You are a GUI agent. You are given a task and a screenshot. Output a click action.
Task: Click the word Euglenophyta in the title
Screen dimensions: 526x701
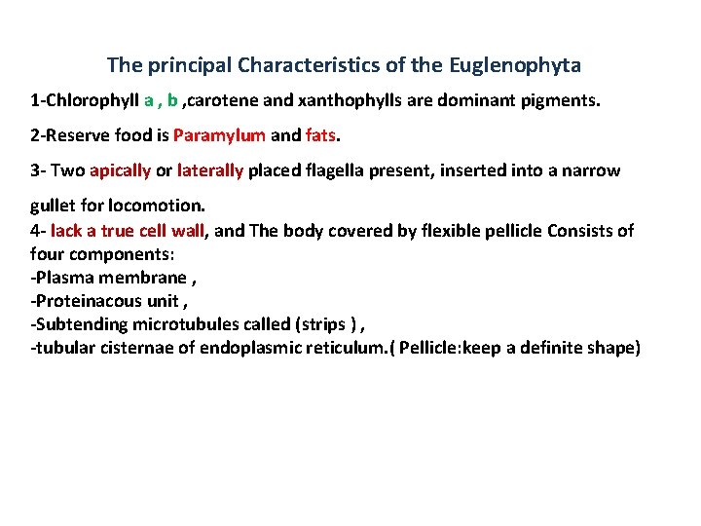click(x=515, y=66)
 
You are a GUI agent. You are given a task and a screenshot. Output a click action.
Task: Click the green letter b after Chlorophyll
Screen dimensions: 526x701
click(x=172, y=99)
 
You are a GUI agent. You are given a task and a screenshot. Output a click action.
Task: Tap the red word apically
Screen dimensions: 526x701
click(x=120, y=171)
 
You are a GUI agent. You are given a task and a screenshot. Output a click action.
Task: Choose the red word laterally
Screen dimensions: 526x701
click(x=210, y=171)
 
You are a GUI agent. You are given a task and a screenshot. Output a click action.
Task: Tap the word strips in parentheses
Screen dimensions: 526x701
click(x=327, y=324)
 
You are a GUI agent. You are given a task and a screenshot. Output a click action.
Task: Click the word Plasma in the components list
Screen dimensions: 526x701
click(x=64, y=278)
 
